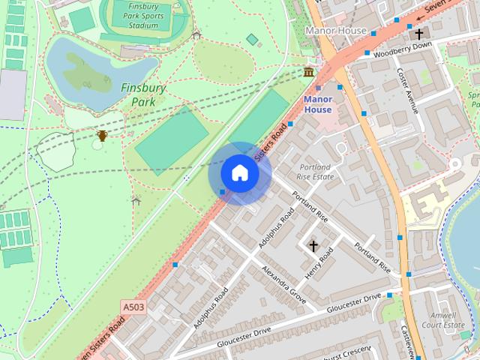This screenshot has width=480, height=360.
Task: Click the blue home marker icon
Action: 239,173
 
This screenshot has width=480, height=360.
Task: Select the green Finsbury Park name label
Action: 142,94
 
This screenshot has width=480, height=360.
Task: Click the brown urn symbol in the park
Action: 102,136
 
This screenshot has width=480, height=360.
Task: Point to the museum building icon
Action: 308,72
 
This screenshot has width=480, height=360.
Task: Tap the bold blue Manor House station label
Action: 317,104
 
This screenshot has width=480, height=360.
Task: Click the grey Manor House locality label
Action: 337,31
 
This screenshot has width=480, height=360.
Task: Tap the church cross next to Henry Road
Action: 313,245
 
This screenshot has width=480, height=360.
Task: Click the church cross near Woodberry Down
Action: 418,34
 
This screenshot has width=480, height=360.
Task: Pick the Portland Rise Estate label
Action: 315,172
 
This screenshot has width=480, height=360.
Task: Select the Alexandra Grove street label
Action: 283,283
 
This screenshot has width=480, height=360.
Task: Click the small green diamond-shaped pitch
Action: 252,39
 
